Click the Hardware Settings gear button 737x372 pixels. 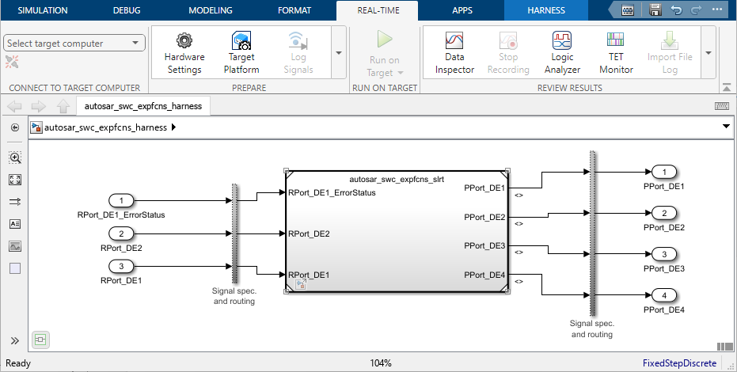point(184,52)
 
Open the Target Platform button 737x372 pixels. point(241,52)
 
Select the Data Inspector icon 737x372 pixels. point(454,52)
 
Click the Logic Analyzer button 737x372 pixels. point(562,52)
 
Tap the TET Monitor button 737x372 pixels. point(615,52)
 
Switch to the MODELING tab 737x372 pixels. point(211,11)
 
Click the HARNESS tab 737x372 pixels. point(546,11)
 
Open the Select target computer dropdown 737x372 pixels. point(74,43)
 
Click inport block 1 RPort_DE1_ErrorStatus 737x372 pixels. point(121,200)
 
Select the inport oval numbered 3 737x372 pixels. point(121,266)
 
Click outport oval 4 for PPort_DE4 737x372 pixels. point(664,296)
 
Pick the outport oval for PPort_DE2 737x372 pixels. point(664,213)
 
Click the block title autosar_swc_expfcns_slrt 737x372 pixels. point(396,180)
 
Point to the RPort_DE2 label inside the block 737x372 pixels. point(310,234)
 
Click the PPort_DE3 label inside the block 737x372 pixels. point(484,246)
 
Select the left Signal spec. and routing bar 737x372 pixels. point(234,233)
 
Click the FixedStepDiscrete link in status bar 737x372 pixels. point(678,363)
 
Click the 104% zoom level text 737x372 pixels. point(381,363)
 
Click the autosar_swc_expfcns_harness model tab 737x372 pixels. point(143,106)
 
